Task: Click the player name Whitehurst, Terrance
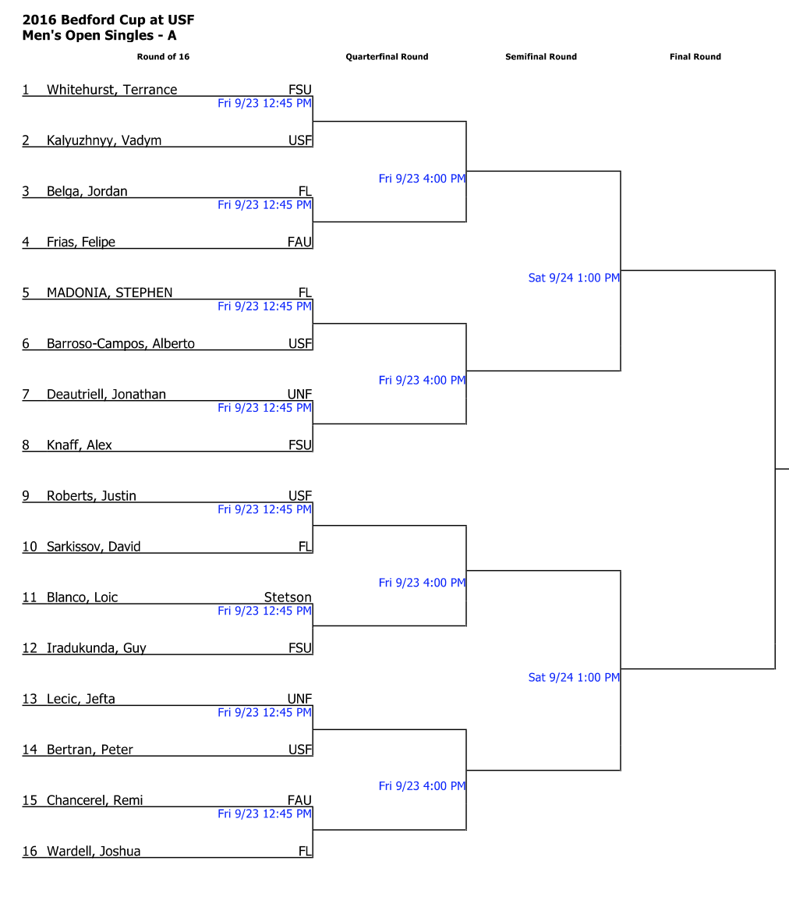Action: [111, 90]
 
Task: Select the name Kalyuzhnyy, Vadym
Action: [104, 140]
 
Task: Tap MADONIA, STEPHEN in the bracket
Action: [109, 292]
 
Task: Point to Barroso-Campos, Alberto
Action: [120, 343]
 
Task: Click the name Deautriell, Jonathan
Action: [106, 394]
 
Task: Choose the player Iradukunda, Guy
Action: [96, 647]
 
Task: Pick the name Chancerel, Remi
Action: [94, 799]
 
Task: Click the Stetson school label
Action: [288, 597]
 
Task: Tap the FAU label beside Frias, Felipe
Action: [299, 242]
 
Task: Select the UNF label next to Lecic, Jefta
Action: [299, 699]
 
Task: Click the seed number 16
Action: [30, 851]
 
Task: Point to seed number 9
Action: [26, 496]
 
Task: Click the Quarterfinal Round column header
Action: [387, 57]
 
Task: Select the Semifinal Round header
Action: [541, 57]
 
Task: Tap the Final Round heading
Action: [695, 57]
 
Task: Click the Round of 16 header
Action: [163, 57]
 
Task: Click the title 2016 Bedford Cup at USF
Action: [108, 20]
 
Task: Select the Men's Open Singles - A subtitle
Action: [99, 35]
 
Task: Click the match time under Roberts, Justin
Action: [264, 509]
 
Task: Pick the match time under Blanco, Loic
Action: [264, 611]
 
